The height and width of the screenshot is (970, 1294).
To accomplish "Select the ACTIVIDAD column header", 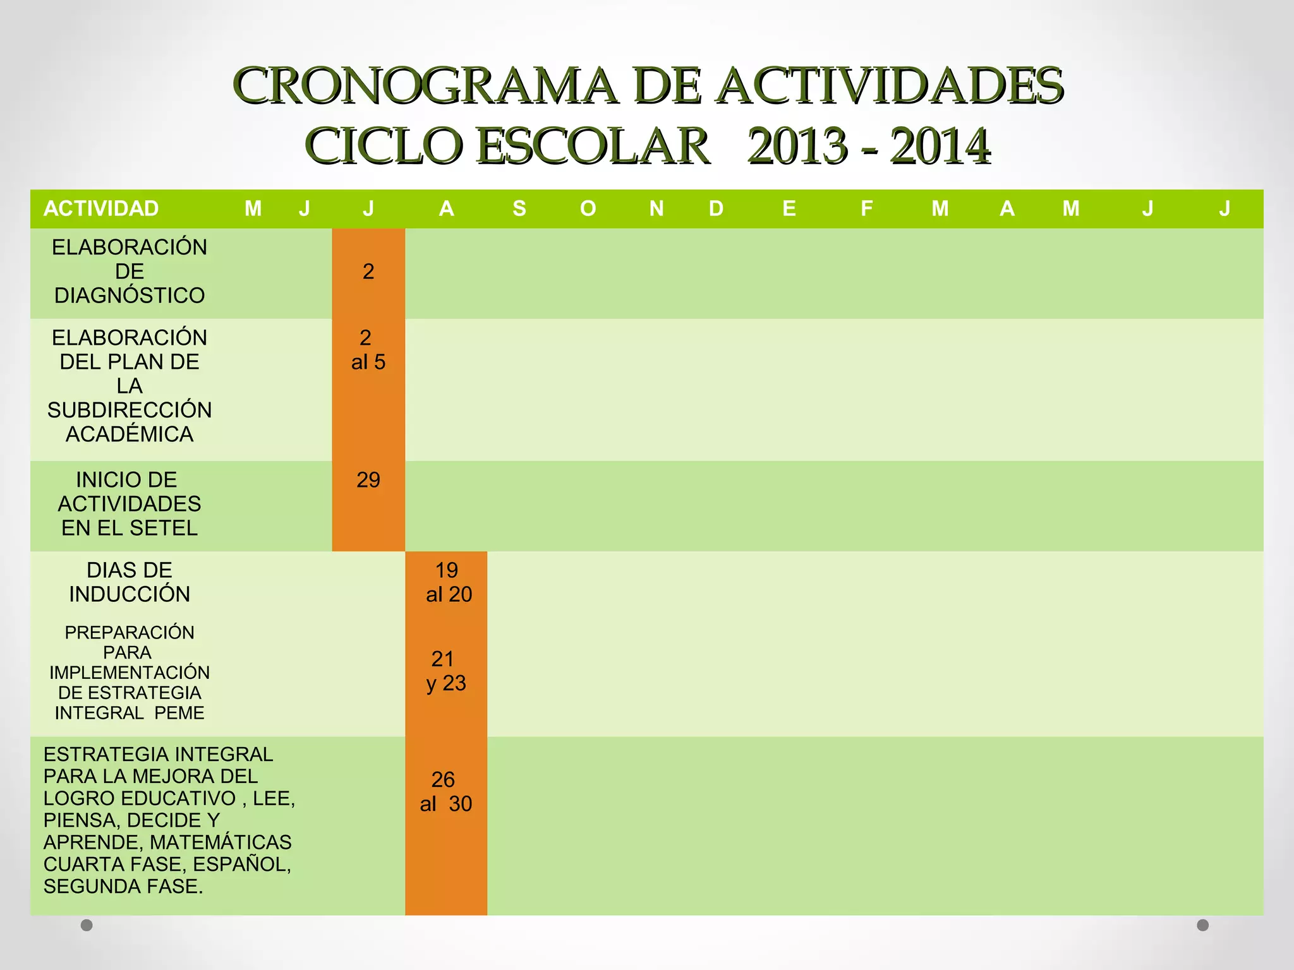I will click(101, 208).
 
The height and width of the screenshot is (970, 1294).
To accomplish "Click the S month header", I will click(519, 208).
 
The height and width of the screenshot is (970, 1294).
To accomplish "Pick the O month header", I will click(588, 208).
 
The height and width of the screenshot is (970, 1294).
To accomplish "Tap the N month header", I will click(656, 208).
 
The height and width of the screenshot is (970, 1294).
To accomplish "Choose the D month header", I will click(716, 208).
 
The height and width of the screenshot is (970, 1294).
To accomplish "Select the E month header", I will click(789, 208).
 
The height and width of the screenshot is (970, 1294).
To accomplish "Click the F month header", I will click(866, 208).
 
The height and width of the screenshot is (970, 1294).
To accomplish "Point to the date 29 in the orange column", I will click(368, 480).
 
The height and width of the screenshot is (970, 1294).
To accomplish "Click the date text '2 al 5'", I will click(368, 350).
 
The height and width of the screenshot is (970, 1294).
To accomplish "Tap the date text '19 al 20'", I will click(448, 582).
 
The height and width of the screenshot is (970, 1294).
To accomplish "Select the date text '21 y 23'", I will click(445, 671).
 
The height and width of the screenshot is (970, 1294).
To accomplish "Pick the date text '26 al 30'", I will click(445, 792).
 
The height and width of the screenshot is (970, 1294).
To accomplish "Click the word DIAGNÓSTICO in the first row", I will click(130, 296).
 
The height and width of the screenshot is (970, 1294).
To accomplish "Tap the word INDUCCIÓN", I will click(130, 594).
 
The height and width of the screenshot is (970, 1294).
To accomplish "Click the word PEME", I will click(179, 713).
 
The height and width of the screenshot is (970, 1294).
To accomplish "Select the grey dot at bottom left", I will click(87, 925).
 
